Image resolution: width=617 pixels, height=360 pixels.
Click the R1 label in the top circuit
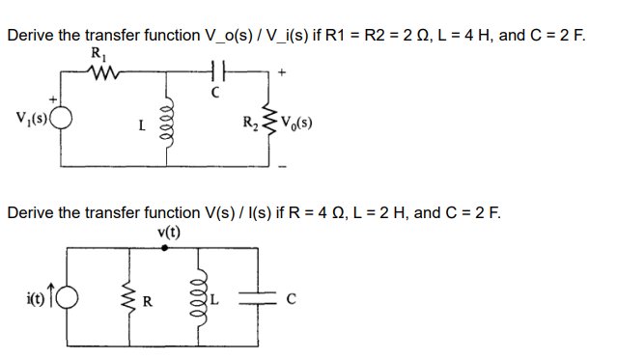tap(97, 54)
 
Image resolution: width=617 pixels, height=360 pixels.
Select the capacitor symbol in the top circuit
tap(215, 69)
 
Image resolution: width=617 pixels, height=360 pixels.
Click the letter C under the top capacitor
tap(216, 93)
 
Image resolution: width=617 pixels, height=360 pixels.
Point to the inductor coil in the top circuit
tap(174, 121)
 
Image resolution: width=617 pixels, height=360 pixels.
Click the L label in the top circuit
tap(142, 125)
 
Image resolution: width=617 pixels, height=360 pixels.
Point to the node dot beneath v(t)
tap(167, 247)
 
